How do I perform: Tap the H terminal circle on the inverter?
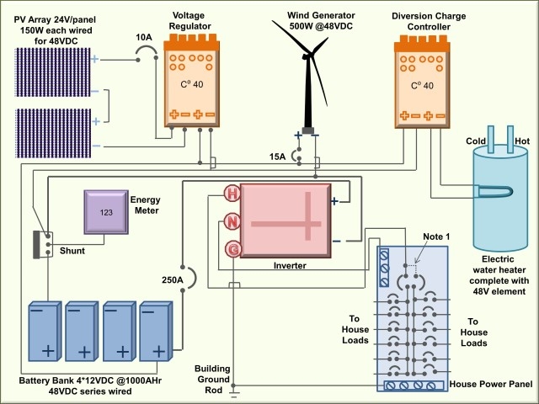[231, 194]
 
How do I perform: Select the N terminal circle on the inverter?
[231, 221]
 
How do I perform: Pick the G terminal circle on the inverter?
[231, 249]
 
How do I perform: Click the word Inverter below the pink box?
[289, 266]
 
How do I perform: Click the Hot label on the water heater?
[523, 141]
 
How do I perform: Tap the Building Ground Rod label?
[213, 380]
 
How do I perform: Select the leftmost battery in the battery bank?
[45, 329]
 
